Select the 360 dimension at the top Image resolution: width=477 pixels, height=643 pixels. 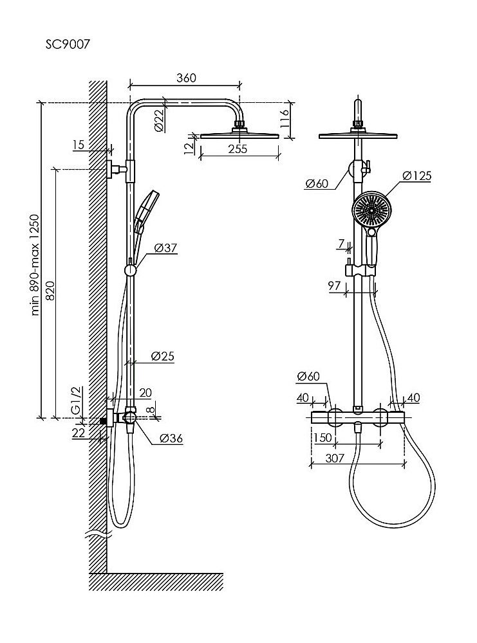[x=185, y=78]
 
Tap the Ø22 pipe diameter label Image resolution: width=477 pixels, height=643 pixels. [x=159, y=120]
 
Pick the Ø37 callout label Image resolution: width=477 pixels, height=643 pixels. [x=166, y=248]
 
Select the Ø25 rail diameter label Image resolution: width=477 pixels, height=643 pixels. [x=163, y=355]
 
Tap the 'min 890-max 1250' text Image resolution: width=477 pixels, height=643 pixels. [x=36, y=264]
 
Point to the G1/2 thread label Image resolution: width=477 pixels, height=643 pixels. [x=75, y=401]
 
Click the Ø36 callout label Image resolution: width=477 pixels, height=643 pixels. [x=171, y=439]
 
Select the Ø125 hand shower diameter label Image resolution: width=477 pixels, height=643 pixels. [x=416, y=176]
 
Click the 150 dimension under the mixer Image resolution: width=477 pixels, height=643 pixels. [x=322, y=438]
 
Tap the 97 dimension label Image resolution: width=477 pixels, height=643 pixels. [x=335, y=286]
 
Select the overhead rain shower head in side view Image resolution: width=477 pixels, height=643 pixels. [x=239, y=134]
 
